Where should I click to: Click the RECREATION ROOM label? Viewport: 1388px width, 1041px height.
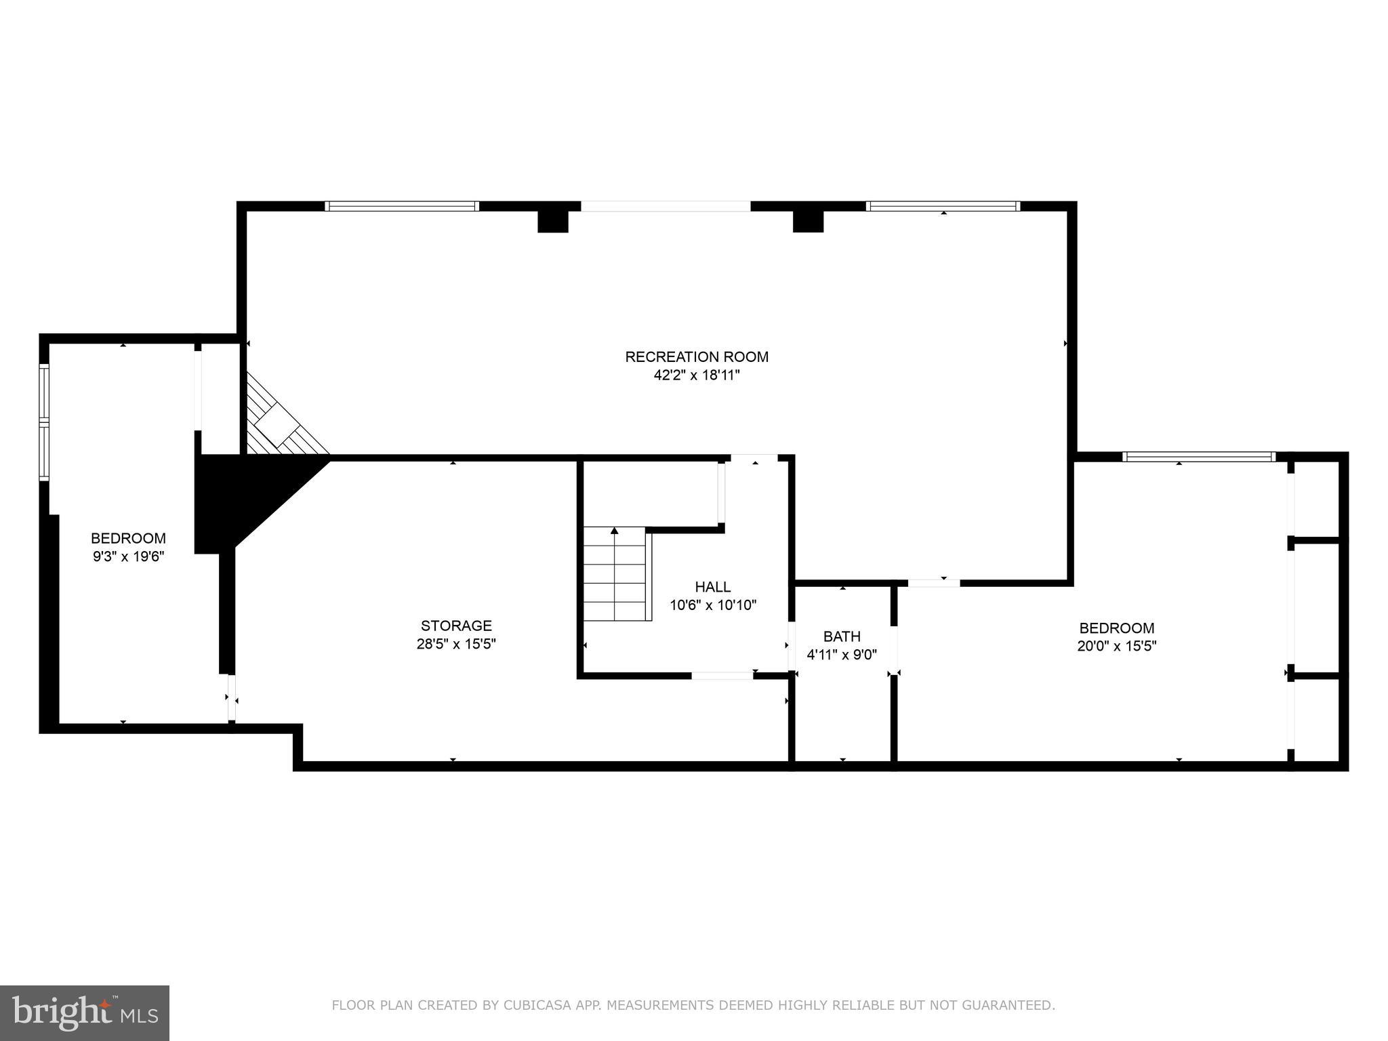(696, 356)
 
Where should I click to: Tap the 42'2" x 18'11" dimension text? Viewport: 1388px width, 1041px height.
(696, 375)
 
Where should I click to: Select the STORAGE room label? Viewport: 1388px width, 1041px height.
(456, 626)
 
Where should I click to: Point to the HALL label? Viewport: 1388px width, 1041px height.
(712, 587)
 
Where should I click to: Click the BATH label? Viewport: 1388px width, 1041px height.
(842, 636)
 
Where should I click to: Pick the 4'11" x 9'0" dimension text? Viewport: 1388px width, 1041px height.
(842, 655)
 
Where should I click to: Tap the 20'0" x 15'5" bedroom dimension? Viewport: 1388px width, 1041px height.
(1116, 646)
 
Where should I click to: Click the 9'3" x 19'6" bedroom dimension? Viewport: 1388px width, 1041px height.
(129, 556)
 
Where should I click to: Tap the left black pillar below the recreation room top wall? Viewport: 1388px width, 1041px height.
(552, 222)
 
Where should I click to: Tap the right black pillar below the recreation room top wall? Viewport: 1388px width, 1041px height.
(808, 222)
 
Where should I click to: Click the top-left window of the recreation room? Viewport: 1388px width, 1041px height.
(402, 206)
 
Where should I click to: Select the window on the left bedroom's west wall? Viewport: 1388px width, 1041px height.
(44, 422)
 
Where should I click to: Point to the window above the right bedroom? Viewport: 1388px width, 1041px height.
(1198, 457)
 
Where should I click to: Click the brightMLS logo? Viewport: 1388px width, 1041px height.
(85, 1013)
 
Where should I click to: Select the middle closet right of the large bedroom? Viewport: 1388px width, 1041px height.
(1317, 608)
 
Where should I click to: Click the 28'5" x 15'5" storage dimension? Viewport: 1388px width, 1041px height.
(456, 644)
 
